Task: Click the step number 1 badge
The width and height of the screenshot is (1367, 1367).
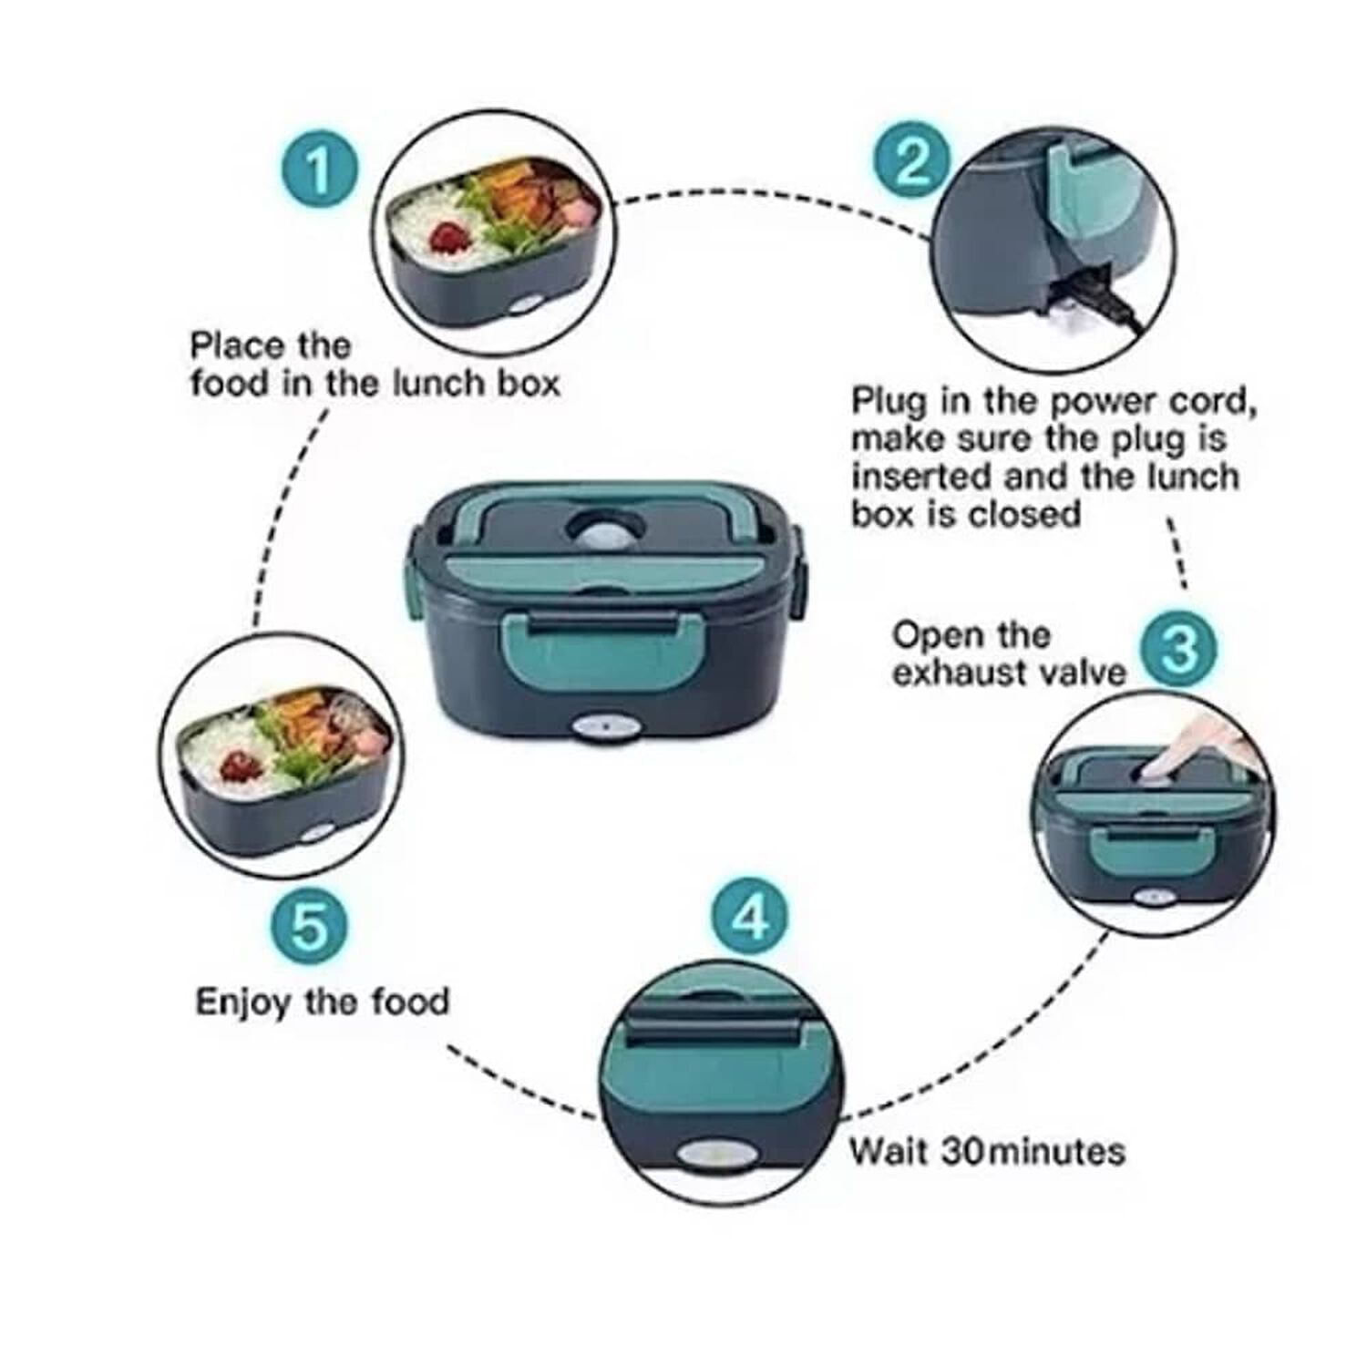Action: point(317,171)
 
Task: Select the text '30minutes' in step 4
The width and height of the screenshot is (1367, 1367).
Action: point(1033,1151)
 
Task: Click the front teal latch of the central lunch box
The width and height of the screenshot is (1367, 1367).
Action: point(591,651)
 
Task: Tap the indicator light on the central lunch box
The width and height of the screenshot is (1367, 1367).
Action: point(596,730)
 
